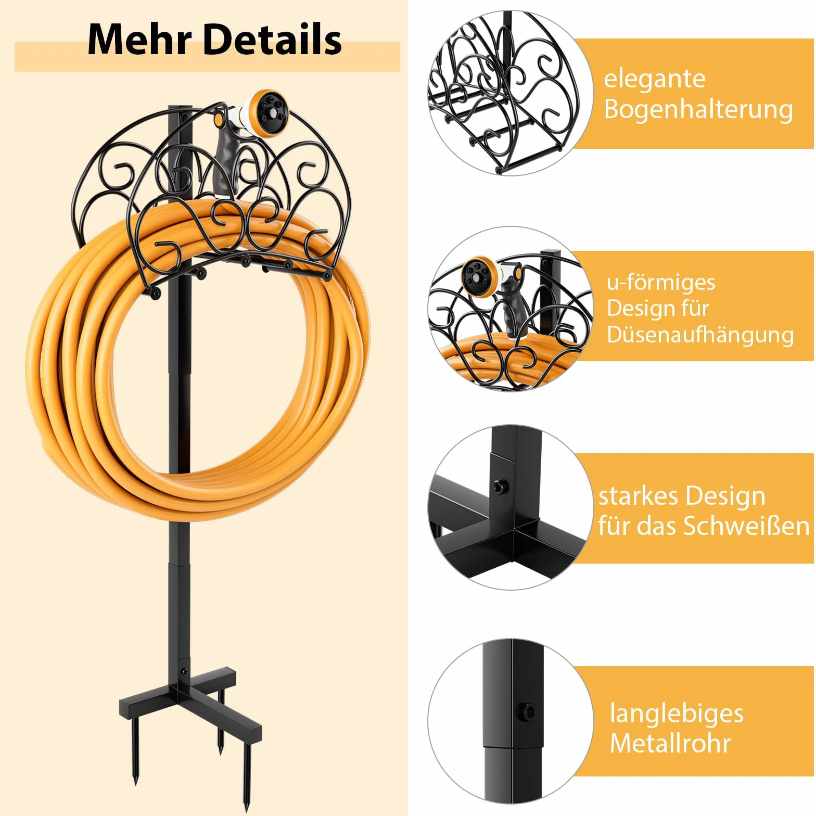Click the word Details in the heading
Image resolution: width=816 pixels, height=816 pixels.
click(x=272, y=39)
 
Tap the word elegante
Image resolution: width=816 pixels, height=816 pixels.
click(x=655, y=79)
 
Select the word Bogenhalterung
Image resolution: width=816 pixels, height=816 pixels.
click(x=698, y=110)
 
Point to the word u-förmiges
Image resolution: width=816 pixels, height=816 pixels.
click(x=661, y=282)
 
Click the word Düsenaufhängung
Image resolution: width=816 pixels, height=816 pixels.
click(x=700, y=335)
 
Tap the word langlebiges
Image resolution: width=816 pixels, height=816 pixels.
click(x=677, y=713)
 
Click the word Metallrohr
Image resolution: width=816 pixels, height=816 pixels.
click(x=670, y=743)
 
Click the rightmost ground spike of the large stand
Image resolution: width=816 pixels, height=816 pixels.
click(x=246, y=769)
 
